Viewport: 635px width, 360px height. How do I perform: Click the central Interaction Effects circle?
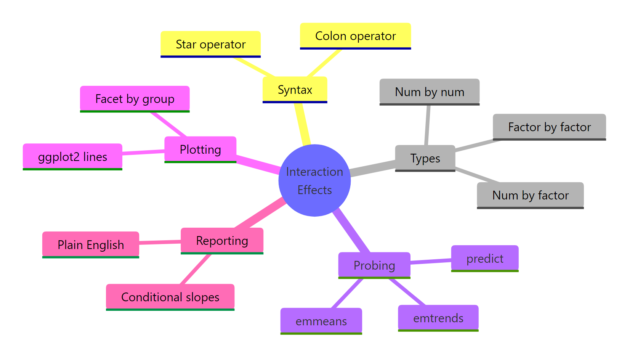tap(314, 180)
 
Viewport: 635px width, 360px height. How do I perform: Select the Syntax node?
tap(295, 90)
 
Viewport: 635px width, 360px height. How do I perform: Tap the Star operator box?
tap(210, 44)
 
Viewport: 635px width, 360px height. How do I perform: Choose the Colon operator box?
tap(355, 36)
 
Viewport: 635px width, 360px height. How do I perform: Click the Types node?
tap(425, 158)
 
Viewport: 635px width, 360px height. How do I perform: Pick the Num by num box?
tap(429, 92)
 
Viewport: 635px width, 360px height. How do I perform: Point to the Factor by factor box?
tap(549, 127)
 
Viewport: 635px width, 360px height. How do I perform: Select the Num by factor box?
tap(530, 195)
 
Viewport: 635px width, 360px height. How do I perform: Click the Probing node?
tap(374, 265)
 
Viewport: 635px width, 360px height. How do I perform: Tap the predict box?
tap(484, 258)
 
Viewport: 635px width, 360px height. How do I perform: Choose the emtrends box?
tap(438, 318)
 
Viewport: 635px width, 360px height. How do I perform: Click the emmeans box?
tap(321, 321)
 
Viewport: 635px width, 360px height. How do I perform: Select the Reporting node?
tap(222, 241)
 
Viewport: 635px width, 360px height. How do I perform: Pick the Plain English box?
tap(91, 244)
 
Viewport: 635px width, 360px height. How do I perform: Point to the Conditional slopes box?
tap(170, 297)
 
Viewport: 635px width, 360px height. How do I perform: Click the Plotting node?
tap(200, 149)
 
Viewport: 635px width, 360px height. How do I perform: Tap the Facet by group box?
tap(135, 99)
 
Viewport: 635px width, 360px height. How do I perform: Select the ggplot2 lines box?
tap(72, 156)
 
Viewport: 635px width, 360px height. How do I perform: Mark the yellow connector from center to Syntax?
tap(303, 124)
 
